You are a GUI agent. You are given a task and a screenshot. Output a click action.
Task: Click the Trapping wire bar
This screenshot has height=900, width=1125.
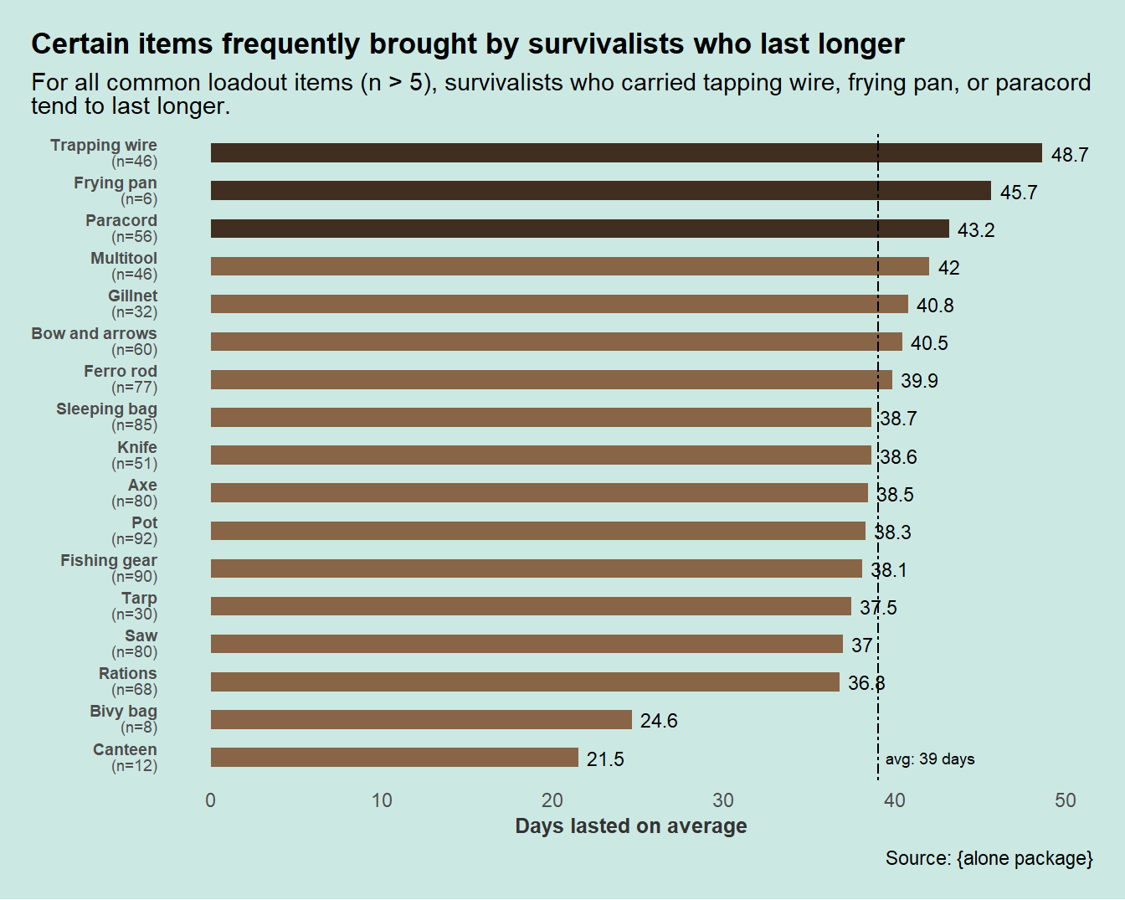pyautogui.click(x=626, y=153)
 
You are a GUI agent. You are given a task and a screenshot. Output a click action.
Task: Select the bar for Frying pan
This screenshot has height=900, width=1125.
pyautogui.click(x=600, y=191)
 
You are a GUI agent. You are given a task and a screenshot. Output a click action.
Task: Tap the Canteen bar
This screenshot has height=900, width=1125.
pyautogui.click(x=394, y=758)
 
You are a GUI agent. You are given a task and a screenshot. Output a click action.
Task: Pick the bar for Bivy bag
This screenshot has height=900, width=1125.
pyautogui.click(x=421, y=720)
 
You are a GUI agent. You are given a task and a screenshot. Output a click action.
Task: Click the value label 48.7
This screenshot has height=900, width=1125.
pyautogui.click(x=1070, y=155)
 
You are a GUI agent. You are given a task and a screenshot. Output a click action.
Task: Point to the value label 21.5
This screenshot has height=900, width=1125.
pyautogui.click(x=605, y=759)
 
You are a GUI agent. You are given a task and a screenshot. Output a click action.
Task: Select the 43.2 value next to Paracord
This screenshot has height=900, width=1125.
pyautogui.click(x=976, y=230)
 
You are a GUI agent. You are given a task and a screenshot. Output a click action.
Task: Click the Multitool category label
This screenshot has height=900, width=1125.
pyautogui.click(x=124, y=259)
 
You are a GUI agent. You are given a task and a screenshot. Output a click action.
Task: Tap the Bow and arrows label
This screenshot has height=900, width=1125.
pyautogui.click(x=94, y=334)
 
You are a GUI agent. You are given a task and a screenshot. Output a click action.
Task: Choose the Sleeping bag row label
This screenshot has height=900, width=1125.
pyautogui.click(x=106, y=409)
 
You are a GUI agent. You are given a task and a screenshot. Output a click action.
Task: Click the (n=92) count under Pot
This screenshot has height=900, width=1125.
pyautogui.click(x=134, y=539)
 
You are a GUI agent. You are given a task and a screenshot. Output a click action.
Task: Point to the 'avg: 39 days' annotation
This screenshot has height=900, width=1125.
pyautogui.click(x=930, y=759)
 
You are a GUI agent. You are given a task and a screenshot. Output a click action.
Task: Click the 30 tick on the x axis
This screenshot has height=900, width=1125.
pyautogui.click(x=723, y=800)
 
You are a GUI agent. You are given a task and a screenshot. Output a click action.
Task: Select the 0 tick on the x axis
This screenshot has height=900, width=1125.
pyautogui.click(x=210, y=800)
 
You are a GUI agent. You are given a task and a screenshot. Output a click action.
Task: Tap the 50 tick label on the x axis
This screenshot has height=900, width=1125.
pyautogui.click(x=1065, y=800)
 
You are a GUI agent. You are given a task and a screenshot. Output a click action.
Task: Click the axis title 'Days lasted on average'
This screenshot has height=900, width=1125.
pyautogui.click(x=631, y=826)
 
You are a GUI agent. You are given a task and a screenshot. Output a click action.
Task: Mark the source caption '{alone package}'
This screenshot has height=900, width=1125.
pyautogui.click(x=1025, y=858)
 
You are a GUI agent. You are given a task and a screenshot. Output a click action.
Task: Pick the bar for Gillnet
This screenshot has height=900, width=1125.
pyautogui.click(x=559, y=304)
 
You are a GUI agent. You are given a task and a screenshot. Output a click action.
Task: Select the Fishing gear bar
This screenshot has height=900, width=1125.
pyautogui.click(x=537, y=569)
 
